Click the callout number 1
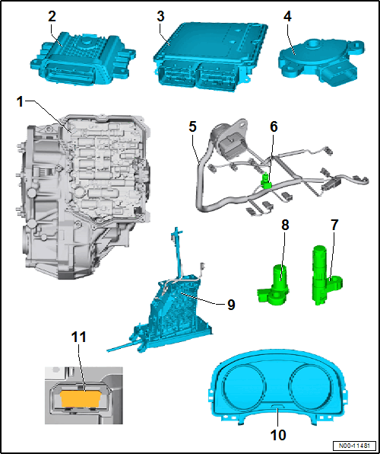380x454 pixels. click(20, 102)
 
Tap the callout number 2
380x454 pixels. click(52, 17)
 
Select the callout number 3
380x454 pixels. click(160, 17)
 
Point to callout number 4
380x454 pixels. click(287, 17)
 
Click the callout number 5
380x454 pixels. click(193, 126)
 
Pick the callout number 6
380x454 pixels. click(273, 126)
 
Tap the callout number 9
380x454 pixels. click(230, 304)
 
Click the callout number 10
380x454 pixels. click(277, 434)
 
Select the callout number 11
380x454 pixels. click(78, 337)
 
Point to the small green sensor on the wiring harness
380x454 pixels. click(266, 181)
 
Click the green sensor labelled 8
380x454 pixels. click(274, 285)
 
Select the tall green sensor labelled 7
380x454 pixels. click(325, 275)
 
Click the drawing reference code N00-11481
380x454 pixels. click(355, 445)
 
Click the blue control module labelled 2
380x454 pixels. click(83, 59)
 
